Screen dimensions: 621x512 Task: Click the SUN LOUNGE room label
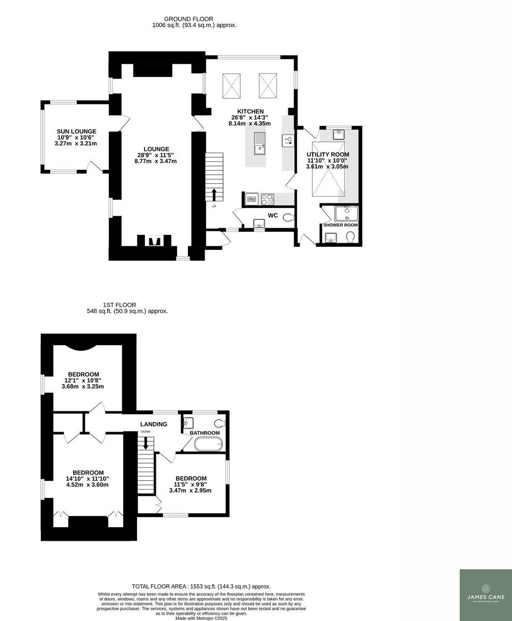[x=77, y=131]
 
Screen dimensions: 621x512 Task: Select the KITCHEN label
[x=251, y=111]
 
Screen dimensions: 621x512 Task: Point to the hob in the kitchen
[x=268, y=198]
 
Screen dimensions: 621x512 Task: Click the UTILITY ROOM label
[x=328, y=154]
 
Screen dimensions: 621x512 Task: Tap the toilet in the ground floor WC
[x=288, y=218]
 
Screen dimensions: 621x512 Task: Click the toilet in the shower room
[x=350, y=236]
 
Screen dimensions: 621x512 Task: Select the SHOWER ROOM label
[x=340, y=225]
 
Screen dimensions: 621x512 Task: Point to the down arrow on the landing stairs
[x=145, y=442]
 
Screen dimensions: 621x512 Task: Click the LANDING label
[x=154, y=424]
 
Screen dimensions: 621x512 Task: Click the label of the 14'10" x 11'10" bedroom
[x=87, y=472]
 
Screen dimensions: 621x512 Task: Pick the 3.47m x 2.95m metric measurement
[x=191, y=490]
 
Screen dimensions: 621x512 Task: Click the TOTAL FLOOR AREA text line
[x=201, y=586]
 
